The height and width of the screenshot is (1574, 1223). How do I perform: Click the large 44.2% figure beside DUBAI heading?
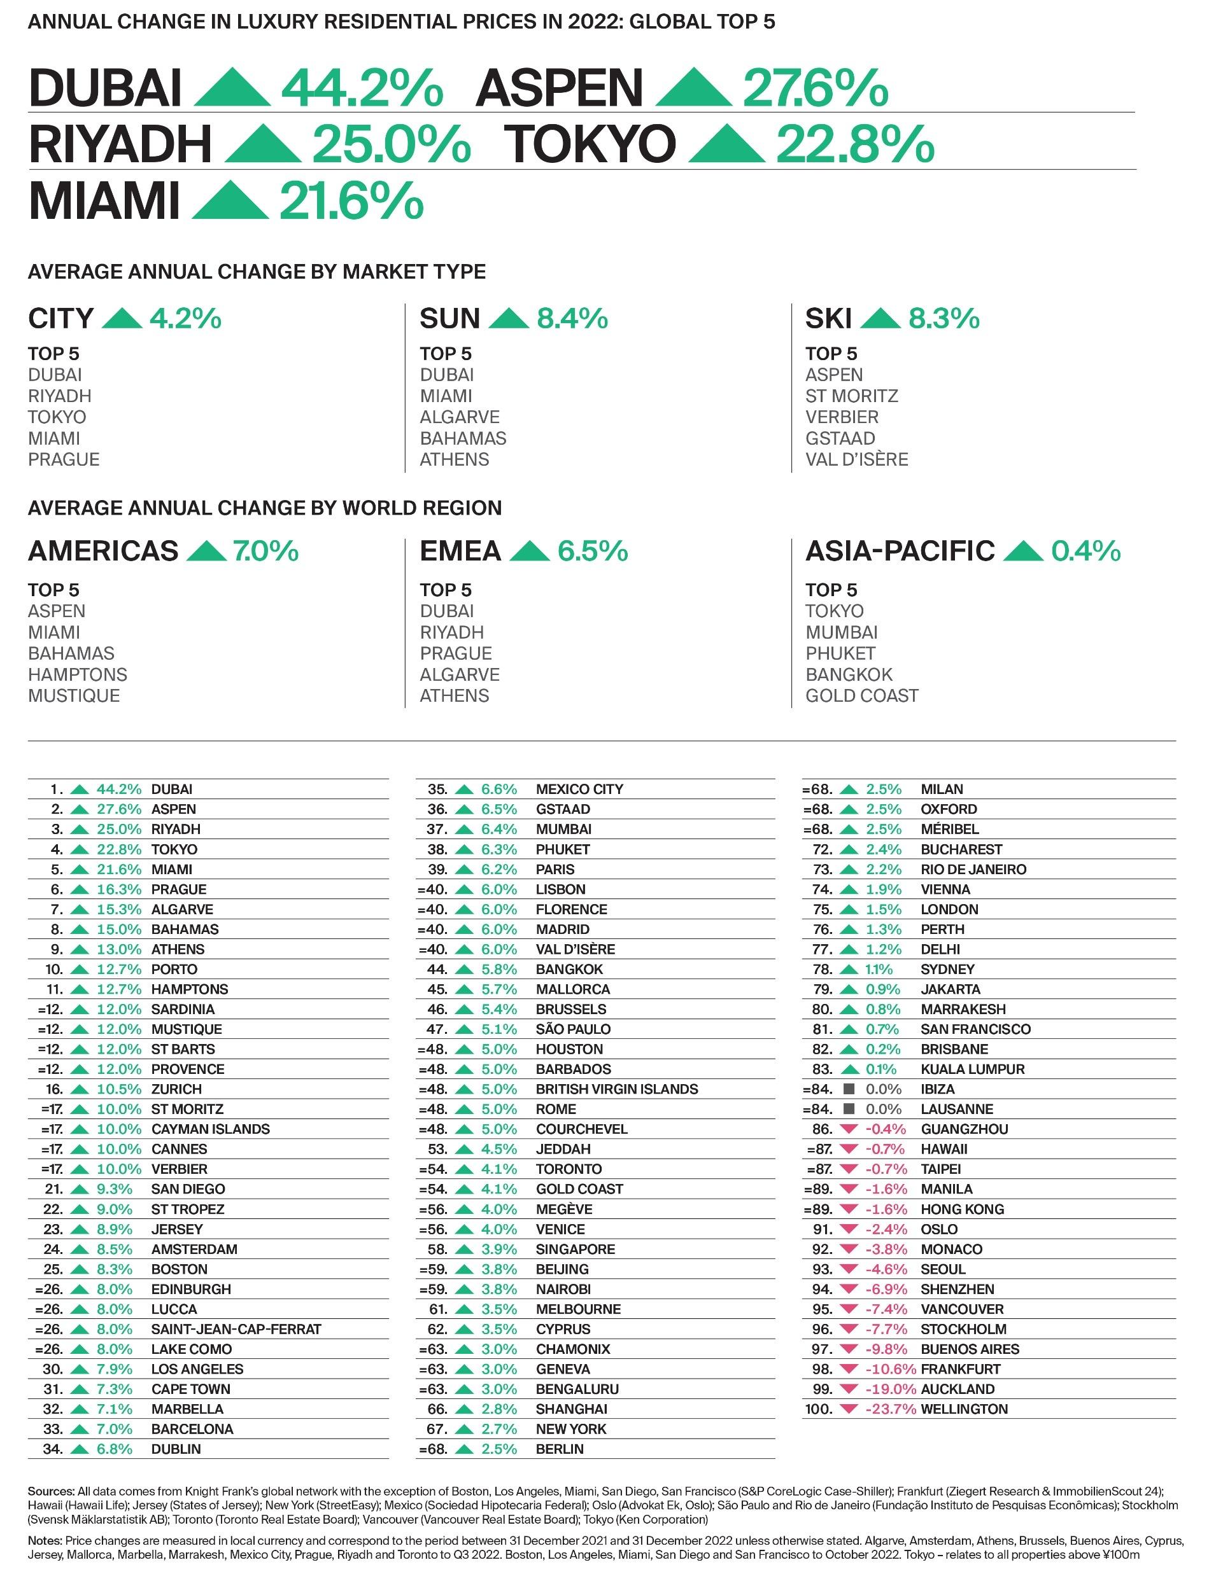[362, 88]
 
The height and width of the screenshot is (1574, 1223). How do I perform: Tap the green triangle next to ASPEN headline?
[694, 88]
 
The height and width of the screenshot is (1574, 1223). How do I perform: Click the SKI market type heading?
[828, 318]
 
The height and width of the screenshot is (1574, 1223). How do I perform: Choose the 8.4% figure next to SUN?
[572, 318]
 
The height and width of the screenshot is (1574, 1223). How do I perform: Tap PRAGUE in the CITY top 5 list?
[64, 459]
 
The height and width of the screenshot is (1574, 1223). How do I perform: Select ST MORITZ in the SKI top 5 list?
[852, 396]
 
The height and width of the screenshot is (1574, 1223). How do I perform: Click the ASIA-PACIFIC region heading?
[899, 552]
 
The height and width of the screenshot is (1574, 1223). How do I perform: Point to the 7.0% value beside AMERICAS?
[265, 552]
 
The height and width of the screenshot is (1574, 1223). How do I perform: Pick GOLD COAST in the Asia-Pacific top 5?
[862, 695]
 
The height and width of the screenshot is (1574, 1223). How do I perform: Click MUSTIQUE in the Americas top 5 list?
[74, 695]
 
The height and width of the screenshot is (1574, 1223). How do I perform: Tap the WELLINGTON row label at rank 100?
[964, 1409]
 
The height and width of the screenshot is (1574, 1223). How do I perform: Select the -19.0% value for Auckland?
[891, 1389]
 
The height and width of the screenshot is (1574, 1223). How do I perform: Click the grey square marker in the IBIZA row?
[849, 1089]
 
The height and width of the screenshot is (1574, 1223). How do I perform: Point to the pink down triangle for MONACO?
[849, 1249]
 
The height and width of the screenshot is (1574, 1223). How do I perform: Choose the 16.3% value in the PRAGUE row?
[119, 889]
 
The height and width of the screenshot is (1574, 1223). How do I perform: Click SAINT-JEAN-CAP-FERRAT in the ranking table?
[236, 1329]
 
